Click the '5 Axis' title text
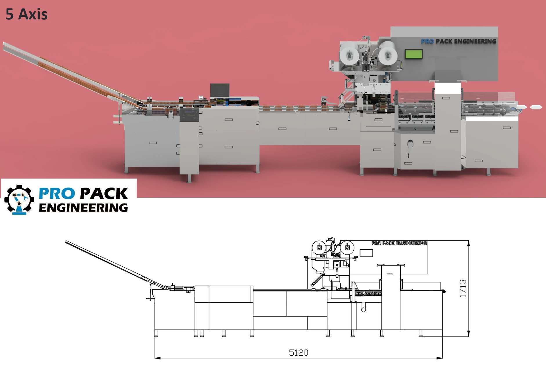pos(26,14)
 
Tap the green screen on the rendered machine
pos(414,54)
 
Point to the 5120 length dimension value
pos(299,352)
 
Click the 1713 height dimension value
pos(463,288)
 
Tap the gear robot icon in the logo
pos(19,200)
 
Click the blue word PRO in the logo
pos(57,194)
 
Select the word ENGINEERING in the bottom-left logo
pos(83,208)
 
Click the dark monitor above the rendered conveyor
pos(220,91)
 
